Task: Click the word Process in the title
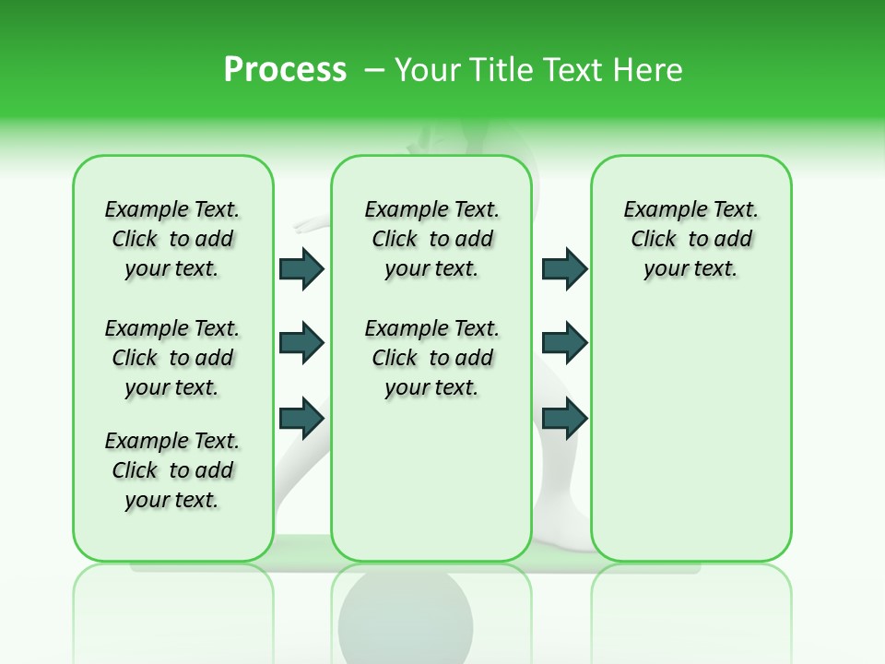tap(285, 70)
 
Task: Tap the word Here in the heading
tap(649, 70)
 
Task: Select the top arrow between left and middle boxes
tap(301, 268)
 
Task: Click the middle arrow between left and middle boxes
tap(301, 343)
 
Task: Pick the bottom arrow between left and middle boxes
tap(301, 418)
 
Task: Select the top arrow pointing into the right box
tap(564, 268)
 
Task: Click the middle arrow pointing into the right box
tap(564, 343)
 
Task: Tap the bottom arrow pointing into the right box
tap(564, 418)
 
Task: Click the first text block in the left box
tap(172, 239)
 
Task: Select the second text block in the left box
tap(172, 358)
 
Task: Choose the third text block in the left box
tap(172, 470)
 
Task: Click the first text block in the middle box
tap(431, 239)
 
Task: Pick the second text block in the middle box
tap(431, 358)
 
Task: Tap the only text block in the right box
tap(690, 239)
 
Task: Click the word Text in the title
tap(567, 70)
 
